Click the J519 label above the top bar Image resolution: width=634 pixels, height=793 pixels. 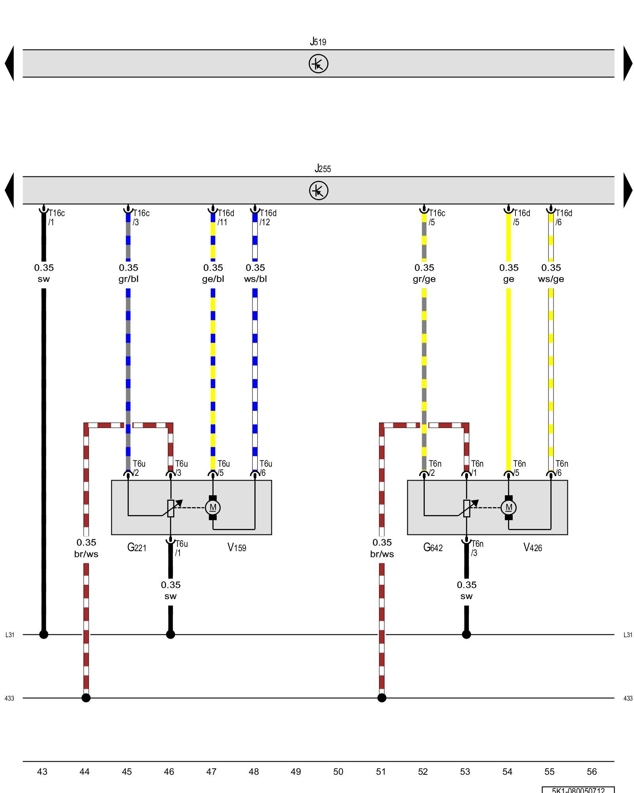click(x=318, y=42)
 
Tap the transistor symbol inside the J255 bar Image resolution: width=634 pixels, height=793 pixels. click(x=319, y=190)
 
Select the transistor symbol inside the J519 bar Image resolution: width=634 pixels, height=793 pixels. click(x=319, y=63)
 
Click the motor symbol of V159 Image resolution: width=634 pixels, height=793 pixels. click(x=213, y=508)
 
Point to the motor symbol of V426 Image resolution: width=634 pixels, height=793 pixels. click(x=509, y=508)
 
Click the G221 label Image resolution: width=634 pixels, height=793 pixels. click(x=137, y=548)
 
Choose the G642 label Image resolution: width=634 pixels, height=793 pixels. click(x=433, y=548)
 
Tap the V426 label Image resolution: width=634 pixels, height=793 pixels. click(x=533, y=548)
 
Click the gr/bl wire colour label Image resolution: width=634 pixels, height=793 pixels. click(x=128, y=279)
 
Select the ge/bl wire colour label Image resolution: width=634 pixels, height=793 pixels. click(x=213, y=279)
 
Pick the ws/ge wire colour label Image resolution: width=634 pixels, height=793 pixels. click(x=551, y=279)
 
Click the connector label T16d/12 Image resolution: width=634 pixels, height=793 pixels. click(x=268, y=218)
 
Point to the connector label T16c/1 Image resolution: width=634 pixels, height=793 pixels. click(x=56, y=218)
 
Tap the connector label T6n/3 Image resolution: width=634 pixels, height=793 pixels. click(x=477, y=548)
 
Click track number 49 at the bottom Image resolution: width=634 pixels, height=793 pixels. click(x=296, y=772)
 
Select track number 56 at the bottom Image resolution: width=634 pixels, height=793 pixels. click(x=592, y=772)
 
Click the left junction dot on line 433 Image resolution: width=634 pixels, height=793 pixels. click(x=86, y=698)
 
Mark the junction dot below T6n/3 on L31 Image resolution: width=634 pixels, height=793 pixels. click(x=466, y=634)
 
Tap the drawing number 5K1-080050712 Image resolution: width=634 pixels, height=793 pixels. click(x=578, y=790)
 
